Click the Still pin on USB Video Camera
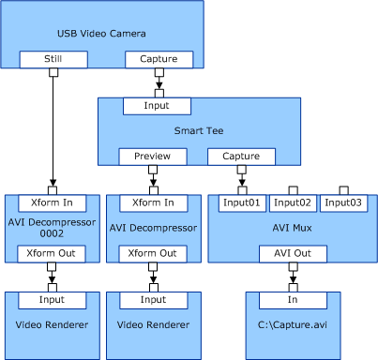[x=53, y=60]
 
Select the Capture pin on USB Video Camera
[x=159, y=60]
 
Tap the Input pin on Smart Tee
[x=159, y=106]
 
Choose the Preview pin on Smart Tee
[x=152, y=157]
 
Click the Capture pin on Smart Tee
[x=241, y=157]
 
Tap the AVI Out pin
[x=293, y=253]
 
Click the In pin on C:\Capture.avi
[x=293, y=299]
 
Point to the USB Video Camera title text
[x=102, y=34]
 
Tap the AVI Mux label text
[x=293, y=228]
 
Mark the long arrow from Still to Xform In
[x=53, y=131]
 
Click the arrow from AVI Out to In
[x=293, y=276]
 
